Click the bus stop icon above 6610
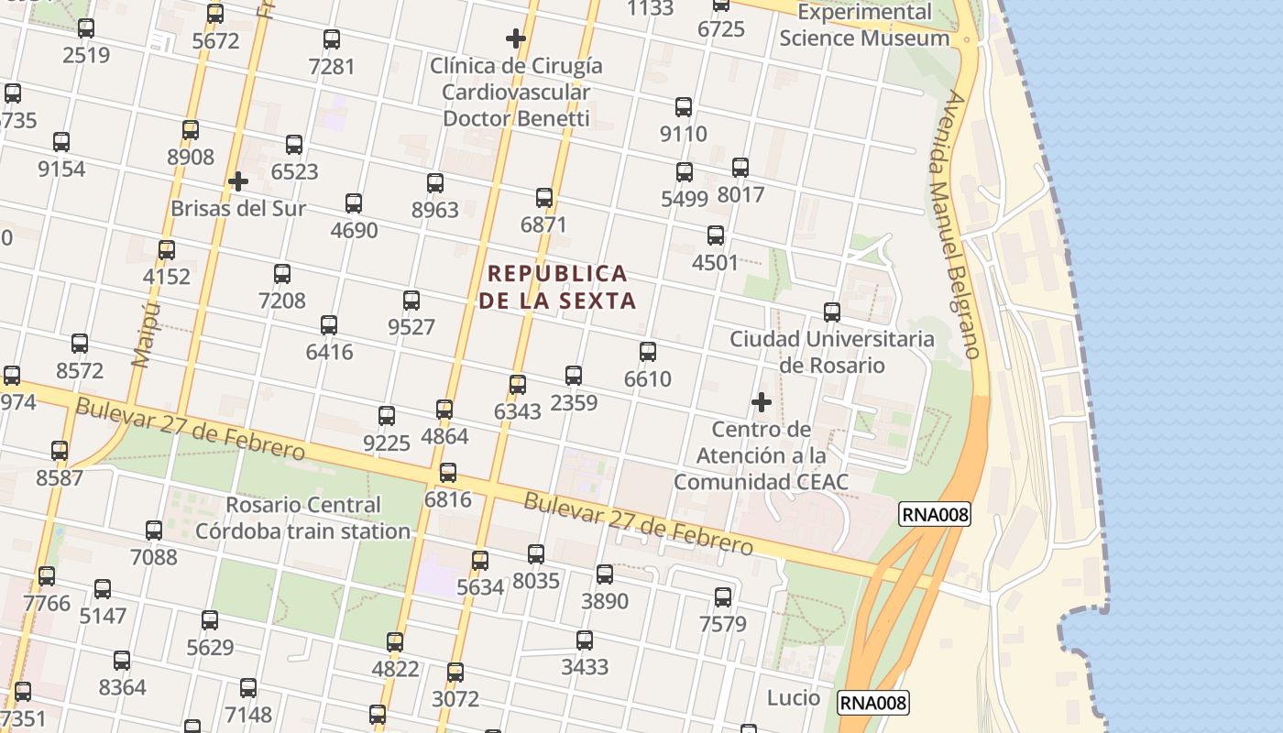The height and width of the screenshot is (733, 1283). (x=648, y=352)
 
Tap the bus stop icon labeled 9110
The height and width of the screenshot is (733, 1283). (x=684, y=107)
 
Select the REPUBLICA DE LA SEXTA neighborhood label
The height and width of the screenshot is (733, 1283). (x=557, y=287)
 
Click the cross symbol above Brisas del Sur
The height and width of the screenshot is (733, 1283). (x=238, y=181)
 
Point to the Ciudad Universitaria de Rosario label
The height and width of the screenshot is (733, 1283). (x=832, y=352)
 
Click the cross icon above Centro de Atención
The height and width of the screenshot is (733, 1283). (x=762, y=402)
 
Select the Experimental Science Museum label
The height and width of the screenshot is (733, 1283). (x=864, y=26)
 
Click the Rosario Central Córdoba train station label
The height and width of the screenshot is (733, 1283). (x=303, y=518)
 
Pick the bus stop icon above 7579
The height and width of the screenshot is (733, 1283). (x=723, y=597)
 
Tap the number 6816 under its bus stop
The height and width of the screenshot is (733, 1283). (x=447, y=500)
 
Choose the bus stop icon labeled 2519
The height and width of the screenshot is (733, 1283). (x=86, y=28)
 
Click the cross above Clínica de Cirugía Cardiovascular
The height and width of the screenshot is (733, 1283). (x=516, y=38)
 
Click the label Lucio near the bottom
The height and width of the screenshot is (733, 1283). (x=794, y=698)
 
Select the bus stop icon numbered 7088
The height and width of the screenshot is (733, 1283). (x=154, y=531)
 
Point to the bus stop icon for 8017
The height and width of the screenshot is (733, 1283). (x=740, y=168)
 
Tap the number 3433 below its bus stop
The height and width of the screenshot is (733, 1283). (x=585, y=667)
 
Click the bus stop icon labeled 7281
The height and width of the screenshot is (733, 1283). (x=332, y=39)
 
